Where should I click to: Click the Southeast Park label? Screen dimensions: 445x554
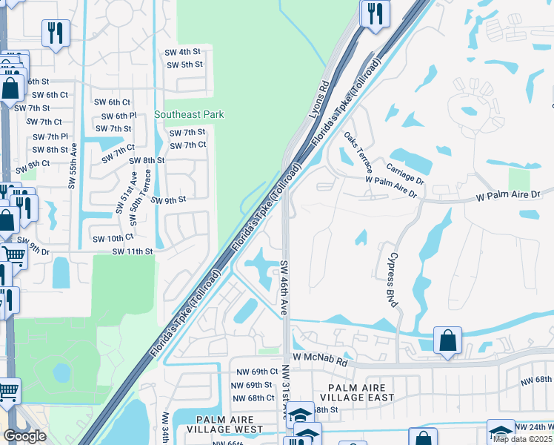coord(189,114)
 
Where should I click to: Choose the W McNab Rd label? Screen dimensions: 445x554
coord(319,357)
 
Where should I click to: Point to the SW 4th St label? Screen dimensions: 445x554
coord(184,52)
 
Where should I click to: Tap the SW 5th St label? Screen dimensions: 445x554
coord(184,65)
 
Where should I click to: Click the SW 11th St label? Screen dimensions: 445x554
coord(133,252)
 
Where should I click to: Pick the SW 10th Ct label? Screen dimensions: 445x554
coord(113,238)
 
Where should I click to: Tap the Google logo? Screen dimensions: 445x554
coord(25,436)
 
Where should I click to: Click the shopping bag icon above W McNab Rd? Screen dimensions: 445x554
coord(447,341)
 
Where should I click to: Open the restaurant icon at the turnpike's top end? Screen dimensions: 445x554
coord(376,13)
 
